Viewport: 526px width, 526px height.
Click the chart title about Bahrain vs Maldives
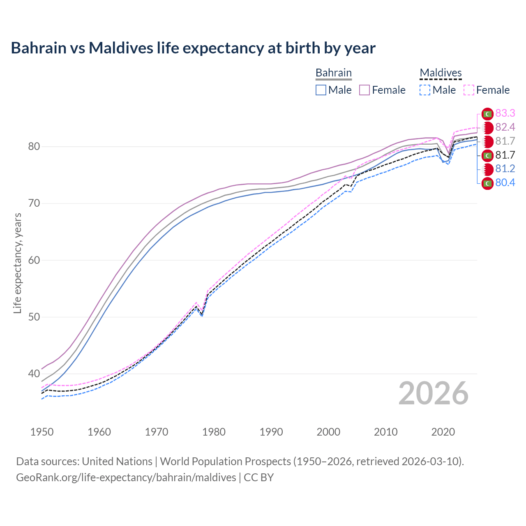tap(193, 48)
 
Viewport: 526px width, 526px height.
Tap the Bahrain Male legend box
tap(321, 90)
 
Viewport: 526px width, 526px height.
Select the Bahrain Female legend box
tap(365, 90)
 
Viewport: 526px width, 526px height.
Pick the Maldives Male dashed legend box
tap(425, 90)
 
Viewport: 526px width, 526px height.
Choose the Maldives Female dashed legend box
tap(469, 90)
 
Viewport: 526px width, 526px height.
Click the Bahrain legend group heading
tap(333, 73)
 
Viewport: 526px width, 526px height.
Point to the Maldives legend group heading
tap(441, 73)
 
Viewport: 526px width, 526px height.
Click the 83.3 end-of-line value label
tap(505, 113)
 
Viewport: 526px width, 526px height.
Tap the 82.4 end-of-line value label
tap(505, 127)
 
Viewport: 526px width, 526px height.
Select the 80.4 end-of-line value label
tap(505, 183)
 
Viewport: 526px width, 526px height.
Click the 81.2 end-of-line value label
tap(505, 169)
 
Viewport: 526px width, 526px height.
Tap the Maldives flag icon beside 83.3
tap(487, 114)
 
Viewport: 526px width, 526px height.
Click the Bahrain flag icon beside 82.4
tap(487, 128)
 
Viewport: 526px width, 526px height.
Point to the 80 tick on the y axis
tap(34, 147)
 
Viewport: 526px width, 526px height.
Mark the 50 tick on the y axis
tap(34, 317)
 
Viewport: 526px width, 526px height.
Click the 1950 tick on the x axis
tap(42, 432)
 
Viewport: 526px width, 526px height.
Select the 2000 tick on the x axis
tap(328, 432)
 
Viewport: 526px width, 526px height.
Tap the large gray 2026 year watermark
tap(433, 393)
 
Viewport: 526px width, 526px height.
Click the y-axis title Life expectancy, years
tap(17, 263)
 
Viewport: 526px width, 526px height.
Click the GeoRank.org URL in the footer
tap(126, 478)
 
